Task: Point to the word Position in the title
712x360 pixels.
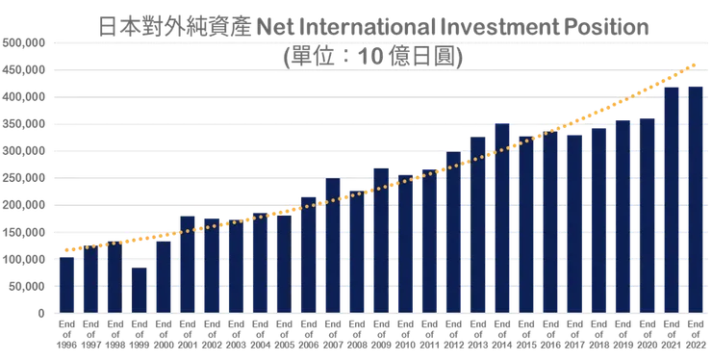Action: click(594, 26)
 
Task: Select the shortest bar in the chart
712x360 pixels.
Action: click(140, 288)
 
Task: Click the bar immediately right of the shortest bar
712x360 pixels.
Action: click(164, 275)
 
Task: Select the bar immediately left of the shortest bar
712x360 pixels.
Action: click(115, 277)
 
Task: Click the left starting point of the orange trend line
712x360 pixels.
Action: click(64, 251)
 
